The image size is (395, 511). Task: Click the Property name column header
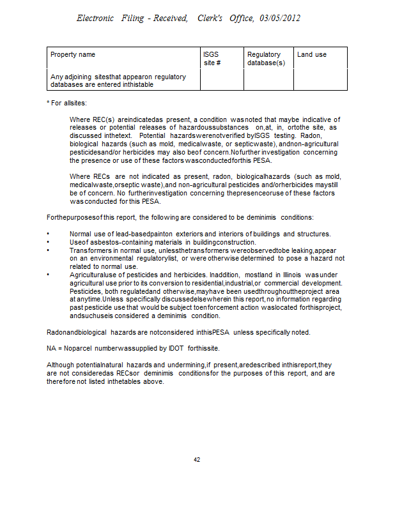(x=73, y=55)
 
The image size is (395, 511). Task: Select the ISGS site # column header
(x=212, y=59)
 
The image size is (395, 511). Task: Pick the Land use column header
(x=312, y=55)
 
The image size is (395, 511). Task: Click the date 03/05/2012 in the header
(x=280, y=19)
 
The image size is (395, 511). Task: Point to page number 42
(x=197, y=459)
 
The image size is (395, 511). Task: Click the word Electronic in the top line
(x=97, y=19)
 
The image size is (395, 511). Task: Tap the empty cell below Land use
(x=320, y=80)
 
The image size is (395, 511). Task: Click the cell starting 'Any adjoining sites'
(x=118, y=80)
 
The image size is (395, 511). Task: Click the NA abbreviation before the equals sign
(x=51, y=348)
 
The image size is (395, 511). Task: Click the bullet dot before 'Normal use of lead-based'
(x=49, y=234)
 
